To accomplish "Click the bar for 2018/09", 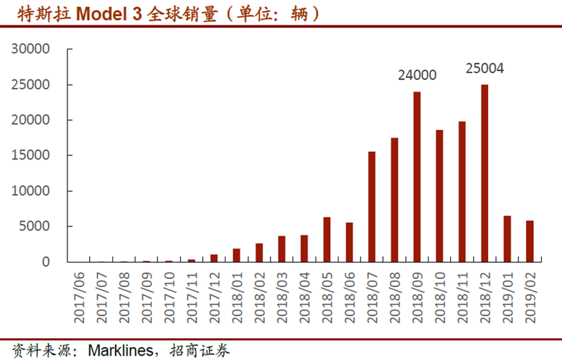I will point(417,176).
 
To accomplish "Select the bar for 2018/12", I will point(484,173).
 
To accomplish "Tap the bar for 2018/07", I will point(372,207).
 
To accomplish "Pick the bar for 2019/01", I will point(507,238).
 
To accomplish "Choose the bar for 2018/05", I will point(327,239).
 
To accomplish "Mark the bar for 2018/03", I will point(281,249).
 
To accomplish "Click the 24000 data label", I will point(417,75).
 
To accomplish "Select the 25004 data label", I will point(485,69).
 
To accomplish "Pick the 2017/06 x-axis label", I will point(79,295).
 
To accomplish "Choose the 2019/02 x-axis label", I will point(530,295).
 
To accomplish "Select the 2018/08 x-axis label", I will point(394,295).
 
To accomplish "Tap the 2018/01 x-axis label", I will point(237,295).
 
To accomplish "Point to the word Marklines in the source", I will point(117,349).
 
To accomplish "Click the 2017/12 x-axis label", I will point(214,295).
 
